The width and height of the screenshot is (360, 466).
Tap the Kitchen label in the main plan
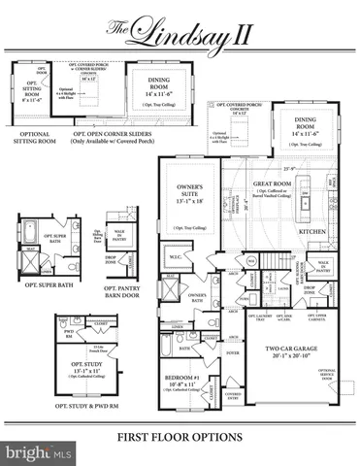point(311,233)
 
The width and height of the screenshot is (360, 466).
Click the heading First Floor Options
point(180,439)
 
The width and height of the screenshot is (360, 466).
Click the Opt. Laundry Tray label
point(260,316)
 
